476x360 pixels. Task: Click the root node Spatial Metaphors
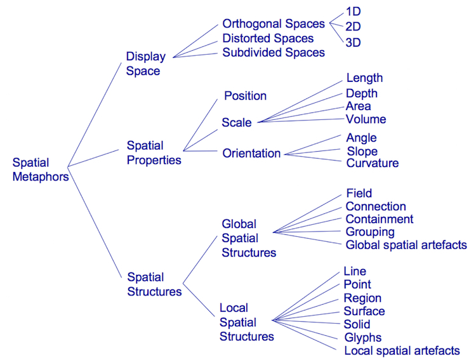41,170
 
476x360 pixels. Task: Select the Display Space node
145,63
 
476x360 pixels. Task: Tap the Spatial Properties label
154,153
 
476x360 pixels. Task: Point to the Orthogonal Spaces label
274,23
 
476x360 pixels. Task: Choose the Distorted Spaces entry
268,38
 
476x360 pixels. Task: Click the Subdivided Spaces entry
274,53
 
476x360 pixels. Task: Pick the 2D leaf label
354,27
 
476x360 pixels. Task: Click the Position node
245,96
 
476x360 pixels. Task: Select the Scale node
237,123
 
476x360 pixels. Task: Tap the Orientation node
251,153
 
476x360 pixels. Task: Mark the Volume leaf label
366,119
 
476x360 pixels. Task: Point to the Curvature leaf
373,163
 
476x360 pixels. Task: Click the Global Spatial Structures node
248,238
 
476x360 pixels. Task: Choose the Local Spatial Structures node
246,322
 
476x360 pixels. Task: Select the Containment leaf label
380,219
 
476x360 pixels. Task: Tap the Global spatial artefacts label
406,245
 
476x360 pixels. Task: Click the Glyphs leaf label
363,338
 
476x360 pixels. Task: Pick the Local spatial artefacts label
402,351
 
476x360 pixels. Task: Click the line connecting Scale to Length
298,102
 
